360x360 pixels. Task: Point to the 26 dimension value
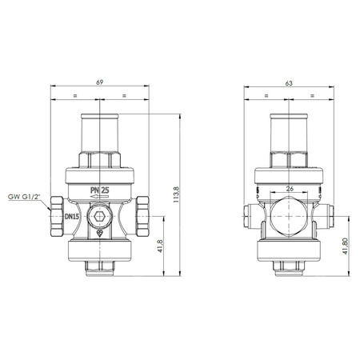pos(290,188)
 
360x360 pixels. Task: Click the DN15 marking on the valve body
pos(71,217)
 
